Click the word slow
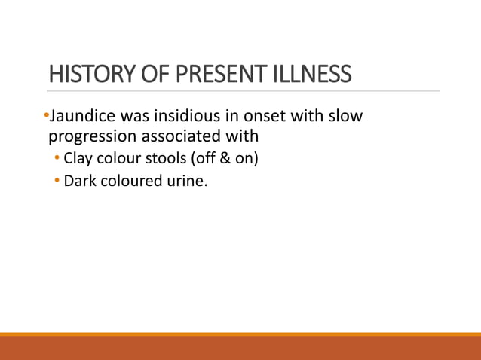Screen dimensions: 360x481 [x=345, y=118]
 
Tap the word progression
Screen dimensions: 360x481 [x=95, y=138]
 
